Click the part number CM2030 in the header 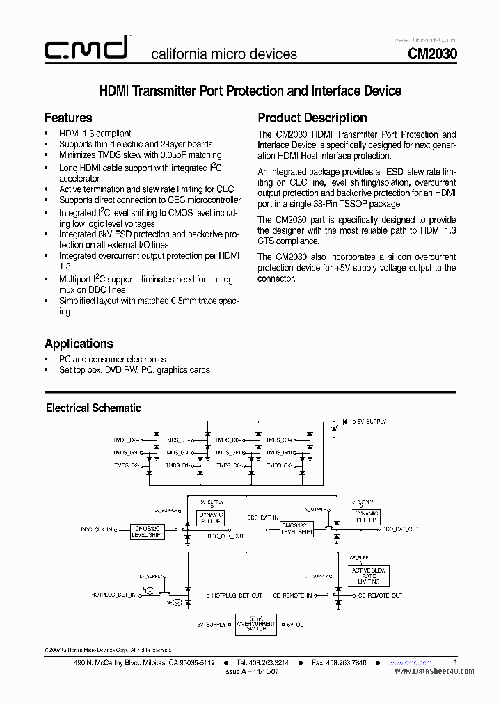[x=431, y=54]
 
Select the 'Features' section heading [x=68, y=118]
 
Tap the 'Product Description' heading [x=312, y=118]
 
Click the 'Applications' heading [x=79, y=344]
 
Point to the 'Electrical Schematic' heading [x=93, y=408]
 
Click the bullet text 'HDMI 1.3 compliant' [x=95, y=134]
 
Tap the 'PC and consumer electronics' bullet [x=113, y=359]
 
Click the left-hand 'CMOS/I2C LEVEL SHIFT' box [x=148, y=531]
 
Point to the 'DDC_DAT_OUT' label [x=400, y=529]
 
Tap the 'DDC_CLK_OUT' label [x=225, y=536]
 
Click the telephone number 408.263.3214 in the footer [x=262, y=663]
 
